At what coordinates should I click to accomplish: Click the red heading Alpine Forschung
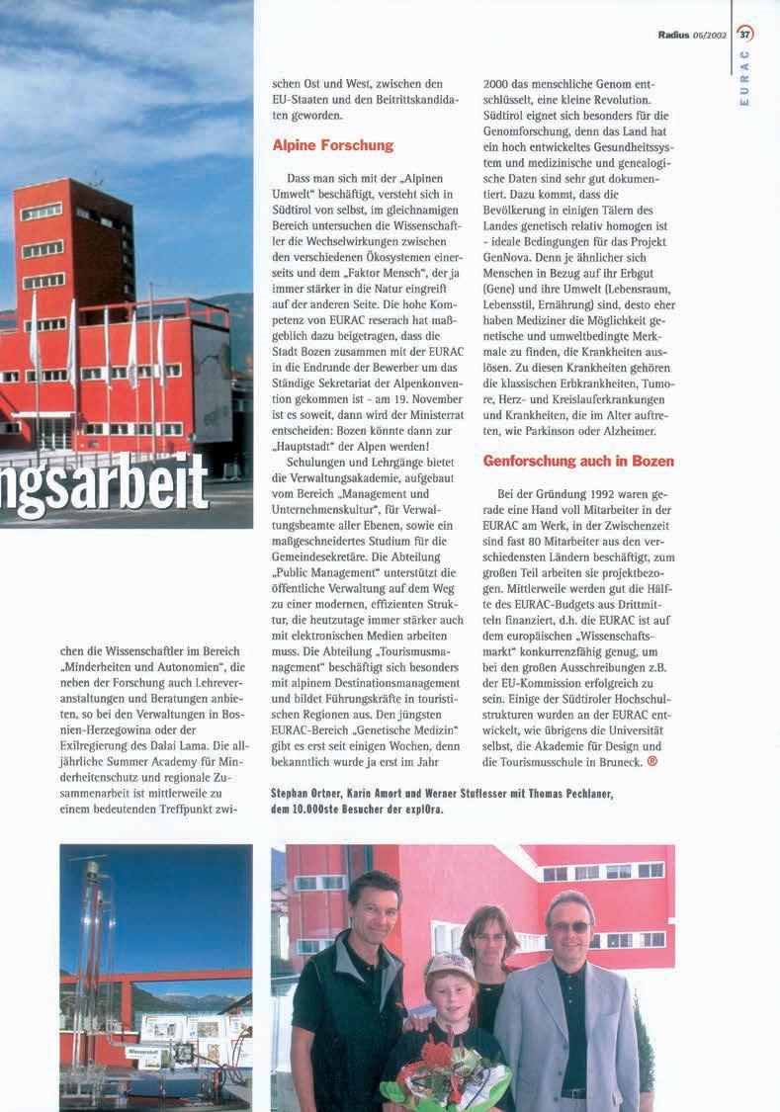click(x=332, y=145)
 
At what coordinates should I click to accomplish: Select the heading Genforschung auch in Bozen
click(x=578, y=461)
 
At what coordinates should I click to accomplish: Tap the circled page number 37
click(x=744, y=34)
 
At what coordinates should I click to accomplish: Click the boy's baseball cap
click(x=449, y=966)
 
